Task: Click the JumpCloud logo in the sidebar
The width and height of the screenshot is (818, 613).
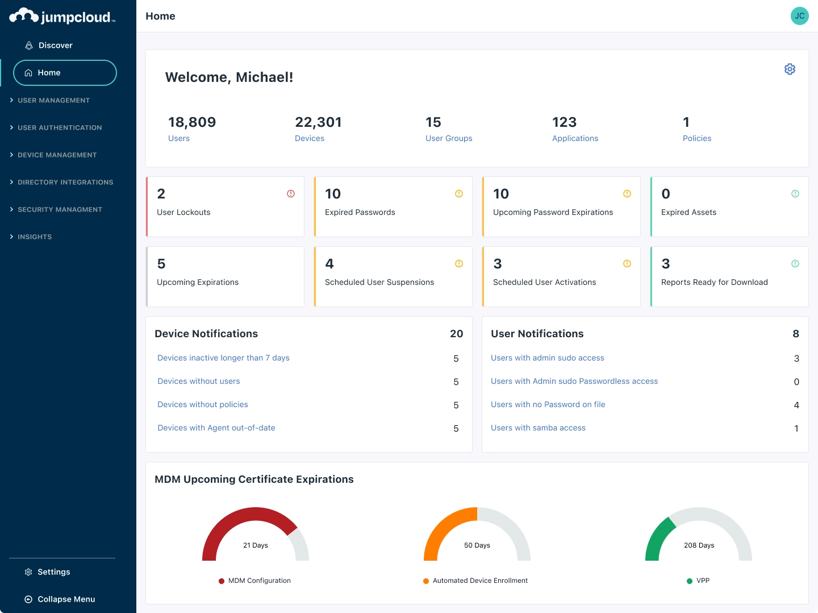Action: click(x=62, y=16)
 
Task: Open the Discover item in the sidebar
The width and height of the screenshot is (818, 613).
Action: click(x=55, y=45)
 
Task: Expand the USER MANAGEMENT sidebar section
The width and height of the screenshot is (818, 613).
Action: click(x=53, y=101)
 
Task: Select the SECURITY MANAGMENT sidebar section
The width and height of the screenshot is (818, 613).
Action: click(x=60, y=210)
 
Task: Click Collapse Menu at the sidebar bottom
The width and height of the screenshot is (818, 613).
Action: click(x=66, y=599)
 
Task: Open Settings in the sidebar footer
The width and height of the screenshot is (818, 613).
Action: click(x=53, y=572)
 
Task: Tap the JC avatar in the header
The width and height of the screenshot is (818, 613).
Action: click(x=799, y=16)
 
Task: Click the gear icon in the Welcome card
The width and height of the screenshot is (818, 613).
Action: click(x=790, y=69)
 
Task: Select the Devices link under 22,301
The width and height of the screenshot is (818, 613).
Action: click(x=310, y=139)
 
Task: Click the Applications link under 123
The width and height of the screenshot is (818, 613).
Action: click(x=575, y=139)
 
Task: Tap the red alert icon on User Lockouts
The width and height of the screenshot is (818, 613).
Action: click(x=291, y=194)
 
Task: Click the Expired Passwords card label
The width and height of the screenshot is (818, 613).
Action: click(x=360, y=213)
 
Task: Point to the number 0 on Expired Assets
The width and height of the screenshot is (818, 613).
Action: click(x=666, y=194)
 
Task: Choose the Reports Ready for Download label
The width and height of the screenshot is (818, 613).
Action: click(x=714, y=283)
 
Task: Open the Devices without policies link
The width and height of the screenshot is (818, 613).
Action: click(x=203, y=405)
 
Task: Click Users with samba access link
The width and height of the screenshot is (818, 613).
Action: click(x=538, y=428)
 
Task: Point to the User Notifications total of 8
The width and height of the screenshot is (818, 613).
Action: click(x=796, y=334)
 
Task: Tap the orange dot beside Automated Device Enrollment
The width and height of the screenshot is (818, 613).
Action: click(x=426, y=581)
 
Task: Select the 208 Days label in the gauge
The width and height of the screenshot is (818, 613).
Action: click(x=699, y=545)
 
